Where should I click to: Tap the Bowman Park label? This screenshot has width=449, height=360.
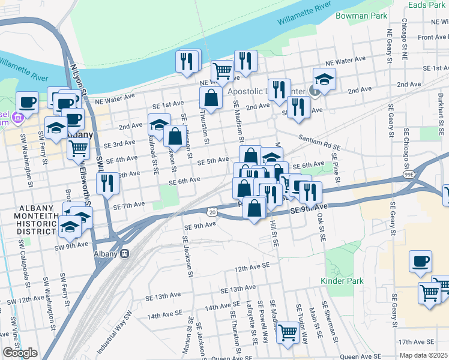361,16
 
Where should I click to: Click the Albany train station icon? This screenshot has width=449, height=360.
125,253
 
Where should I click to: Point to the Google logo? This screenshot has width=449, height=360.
19,353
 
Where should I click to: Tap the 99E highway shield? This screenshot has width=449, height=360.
409,175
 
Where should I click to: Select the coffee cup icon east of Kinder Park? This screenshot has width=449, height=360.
421,262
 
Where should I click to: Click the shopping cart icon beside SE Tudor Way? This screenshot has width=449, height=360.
288,331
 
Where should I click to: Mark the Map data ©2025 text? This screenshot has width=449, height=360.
424,355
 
